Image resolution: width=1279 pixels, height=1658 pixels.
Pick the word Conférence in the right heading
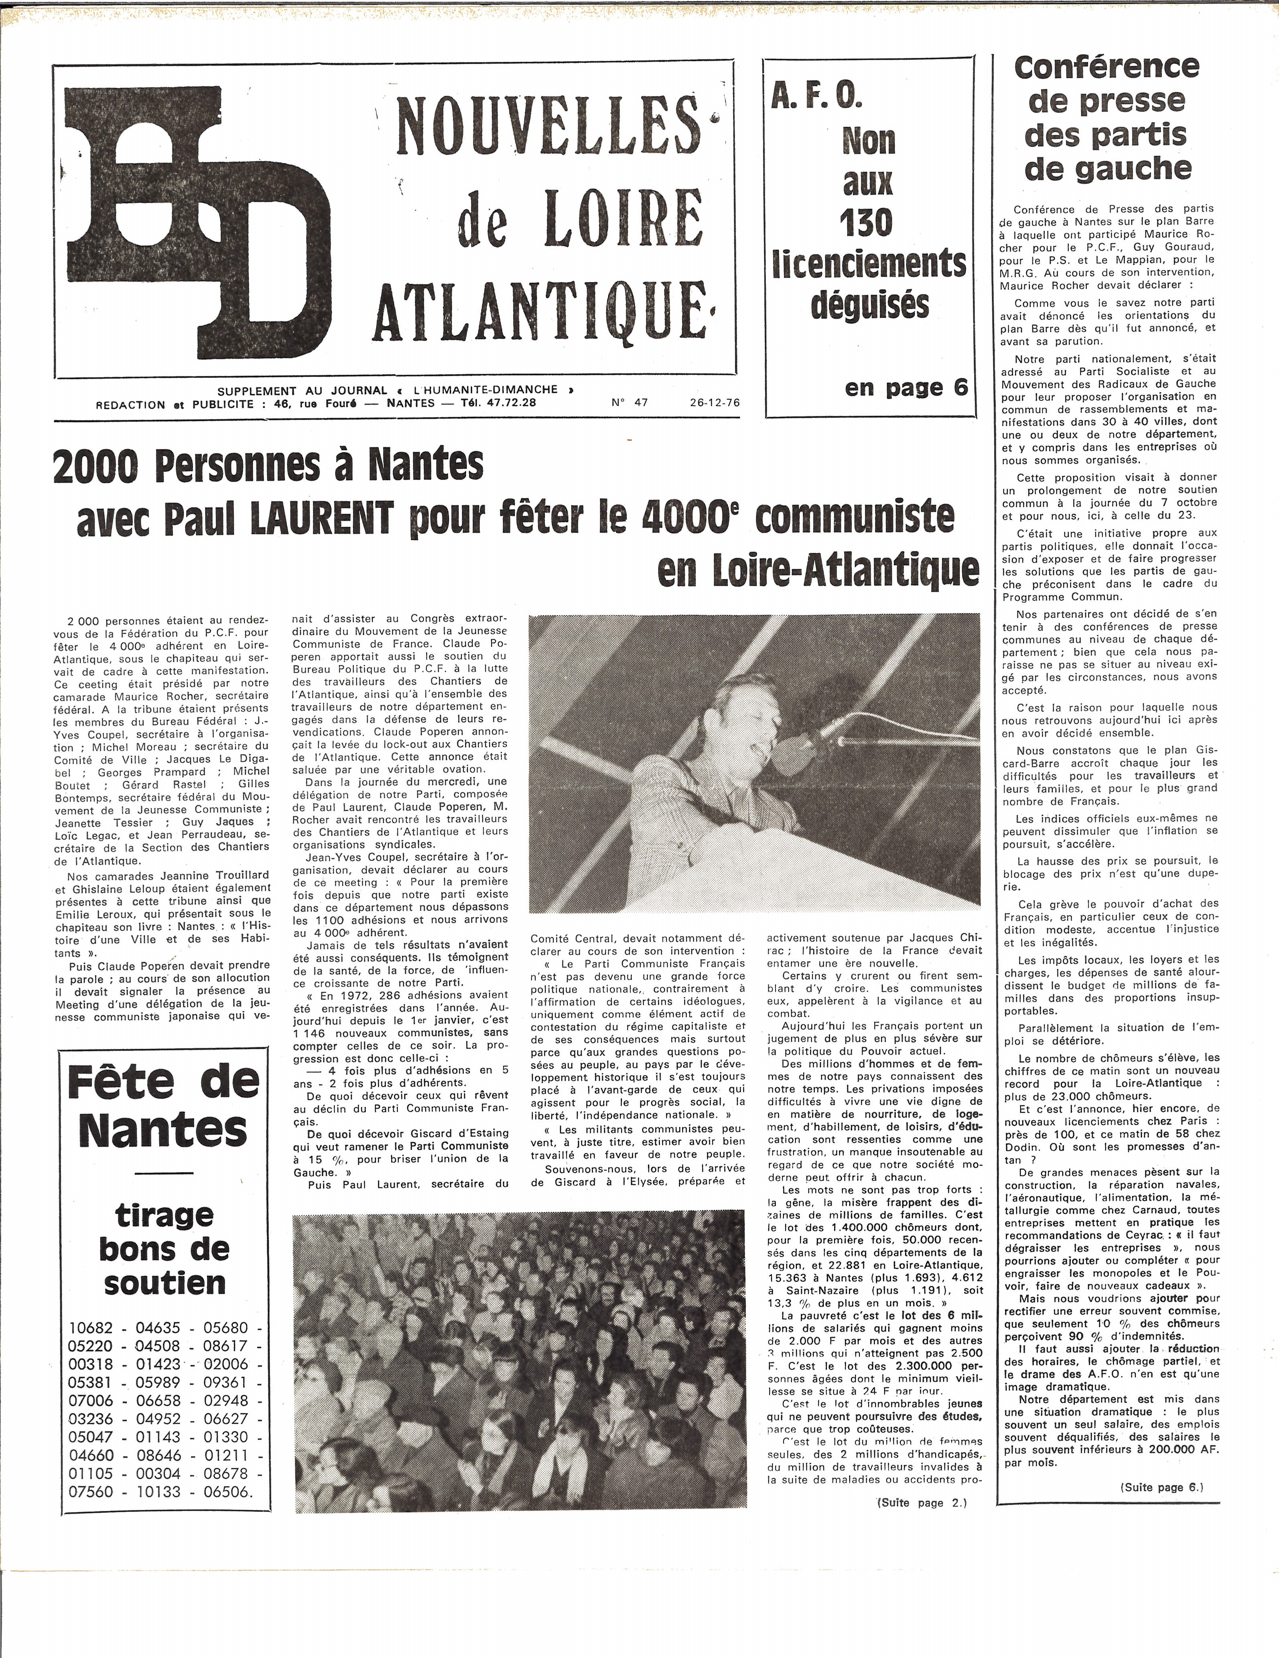(1107, 67)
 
